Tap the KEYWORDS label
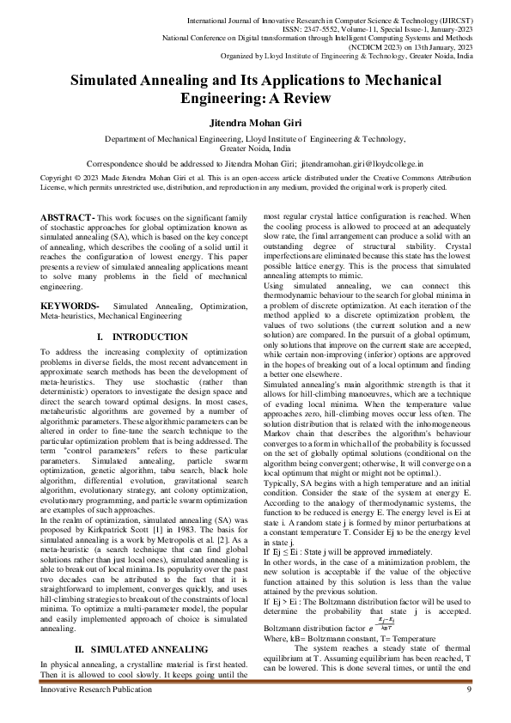[x=70, y=282]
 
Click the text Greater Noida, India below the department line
[x=255, y=148]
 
